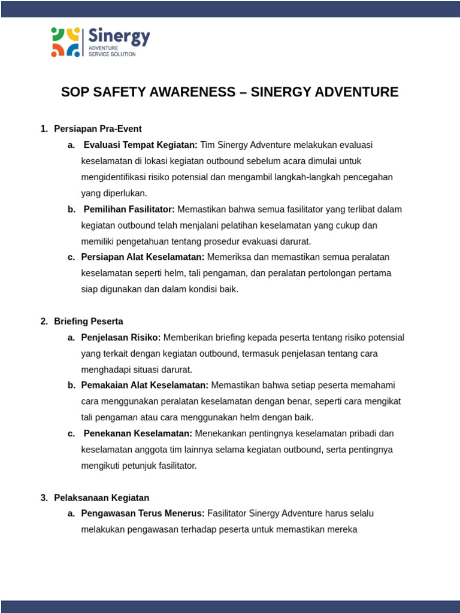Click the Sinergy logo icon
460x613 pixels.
65,42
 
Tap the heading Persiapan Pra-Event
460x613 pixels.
98,129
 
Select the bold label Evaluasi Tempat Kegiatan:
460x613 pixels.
140,145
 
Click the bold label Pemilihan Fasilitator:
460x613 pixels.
129,210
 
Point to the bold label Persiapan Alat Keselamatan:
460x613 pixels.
143,257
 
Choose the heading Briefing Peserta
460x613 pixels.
89,321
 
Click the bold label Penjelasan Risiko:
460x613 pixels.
121,338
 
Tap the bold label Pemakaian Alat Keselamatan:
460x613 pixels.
145,386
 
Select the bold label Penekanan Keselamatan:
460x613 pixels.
138,433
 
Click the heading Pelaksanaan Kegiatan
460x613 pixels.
101,498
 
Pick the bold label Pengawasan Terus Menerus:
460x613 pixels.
143,514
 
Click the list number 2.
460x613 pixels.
44,321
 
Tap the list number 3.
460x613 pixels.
44,498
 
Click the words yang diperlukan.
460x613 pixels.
114,193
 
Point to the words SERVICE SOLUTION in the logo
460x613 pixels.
112,54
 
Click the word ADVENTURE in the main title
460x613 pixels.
353,92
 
